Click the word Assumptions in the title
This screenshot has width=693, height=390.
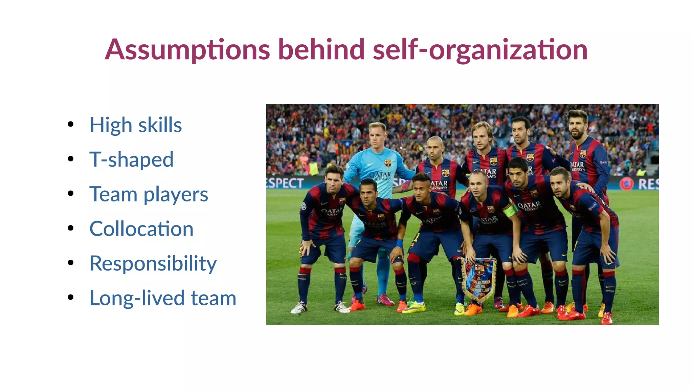coord(187,50)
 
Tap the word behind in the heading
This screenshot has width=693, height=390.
coord(321,50)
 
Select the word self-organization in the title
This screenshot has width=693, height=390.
coord(480,50)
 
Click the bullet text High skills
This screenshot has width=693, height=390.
coord(136,125)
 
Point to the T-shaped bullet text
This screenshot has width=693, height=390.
coord(131,159)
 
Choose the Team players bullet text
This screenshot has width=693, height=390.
coord(149,194)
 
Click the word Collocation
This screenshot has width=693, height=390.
coord(141,229)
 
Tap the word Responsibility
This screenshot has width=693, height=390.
coord(153,263)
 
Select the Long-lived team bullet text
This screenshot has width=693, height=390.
coord(163,298)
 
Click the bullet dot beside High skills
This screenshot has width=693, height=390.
coord(70,124)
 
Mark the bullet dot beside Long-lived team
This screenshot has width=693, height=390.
coord(70,297)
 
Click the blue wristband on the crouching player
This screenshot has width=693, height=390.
coord(399,243)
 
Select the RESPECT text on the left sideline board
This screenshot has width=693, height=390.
coord(285,183)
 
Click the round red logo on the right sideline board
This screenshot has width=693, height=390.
coord(626,184)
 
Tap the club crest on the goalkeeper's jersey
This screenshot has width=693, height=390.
coord(388,163)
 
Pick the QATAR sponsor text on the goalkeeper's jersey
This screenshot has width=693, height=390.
coord(380,175)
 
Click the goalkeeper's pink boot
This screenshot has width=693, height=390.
coord(385,300)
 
